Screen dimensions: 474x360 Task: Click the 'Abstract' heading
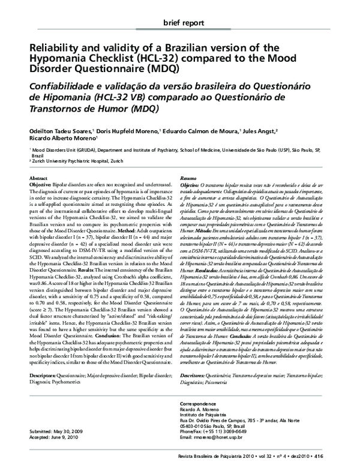[x=39, y=179]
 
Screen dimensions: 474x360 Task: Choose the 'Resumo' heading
[x=191, y=179]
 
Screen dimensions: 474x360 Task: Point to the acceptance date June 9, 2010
[x=69, y=437]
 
